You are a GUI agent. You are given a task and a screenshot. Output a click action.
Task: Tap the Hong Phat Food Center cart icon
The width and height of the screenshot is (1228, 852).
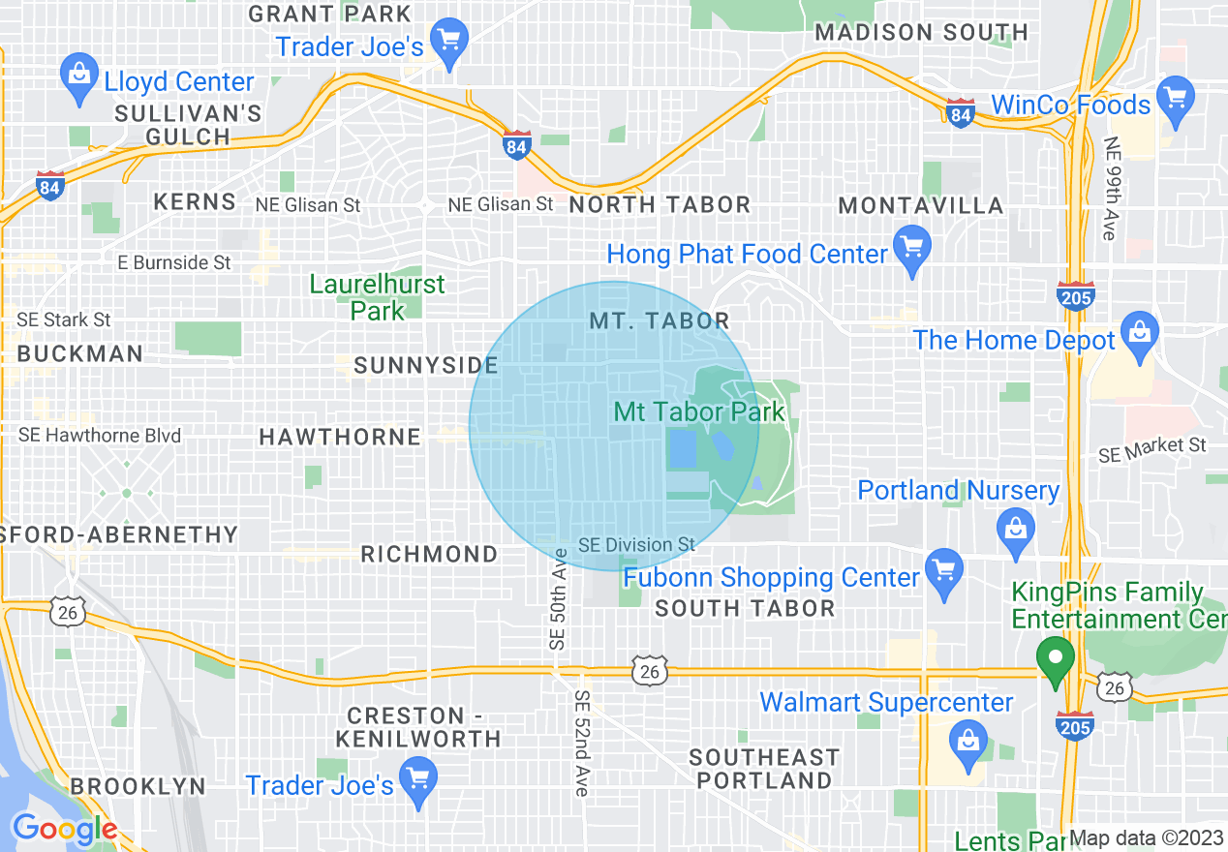coord(911,247)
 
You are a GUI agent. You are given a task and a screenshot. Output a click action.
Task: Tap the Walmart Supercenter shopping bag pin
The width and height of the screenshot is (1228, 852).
coord(967,740)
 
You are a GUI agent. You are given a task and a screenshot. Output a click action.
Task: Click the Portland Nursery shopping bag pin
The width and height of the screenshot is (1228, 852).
coord(1015,529)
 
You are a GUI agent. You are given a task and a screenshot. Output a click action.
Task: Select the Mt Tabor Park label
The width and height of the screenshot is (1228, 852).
coord(699,412)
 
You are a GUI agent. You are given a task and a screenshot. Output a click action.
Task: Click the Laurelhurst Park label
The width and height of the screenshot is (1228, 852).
coord(378,297)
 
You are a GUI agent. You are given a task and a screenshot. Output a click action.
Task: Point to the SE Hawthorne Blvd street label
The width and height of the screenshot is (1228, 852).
coord(100,436)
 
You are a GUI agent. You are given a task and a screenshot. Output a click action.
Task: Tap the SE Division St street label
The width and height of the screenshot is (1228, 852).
coord(636,545)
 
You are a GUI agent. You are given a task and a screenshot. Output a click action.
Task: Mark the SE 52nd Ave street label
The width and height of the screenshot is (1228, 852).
coord(581,744)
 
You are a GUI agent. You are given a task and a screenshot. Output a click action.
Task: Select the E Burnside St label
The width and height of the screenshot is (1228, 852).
coord(174,262)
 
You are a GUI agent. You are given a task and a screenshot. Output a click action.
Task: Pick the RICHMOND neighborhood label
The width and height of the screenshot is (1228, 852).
coord(429,554)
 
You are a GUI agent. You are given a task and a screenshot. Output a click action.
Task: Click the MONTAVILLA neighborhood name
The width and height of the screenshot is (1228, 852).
coord(921,205)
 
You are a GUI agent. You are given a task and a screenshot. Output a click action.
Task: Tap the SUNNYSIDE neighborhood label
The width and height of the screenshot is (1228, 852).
coord(426,366)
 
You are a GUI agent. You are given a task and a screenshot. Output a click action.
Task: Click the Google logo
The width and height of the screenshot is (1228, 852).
coord(64,829)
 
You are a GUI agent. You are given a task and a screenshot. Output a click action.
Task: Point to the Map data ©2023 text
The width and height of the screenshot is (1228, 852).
coord(1147,838)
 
